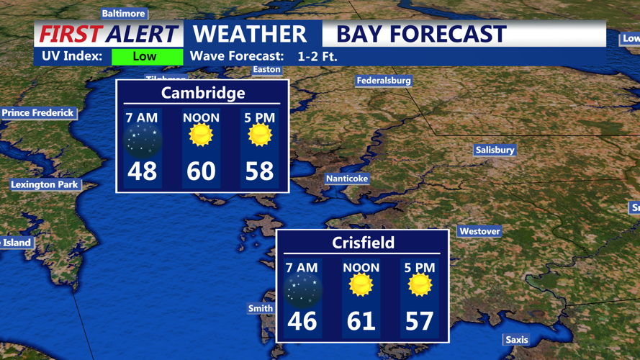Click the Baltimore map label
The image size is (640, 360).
[x=123, y=14]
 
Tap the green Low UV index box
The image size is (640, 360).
[x=147, y=56]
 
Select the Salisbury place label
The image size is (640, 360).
[x=495, y=150]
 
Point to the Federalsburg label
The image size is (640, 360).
[x=384, y=81]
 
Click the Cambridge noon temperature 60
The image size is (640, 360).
[x=201, y=171]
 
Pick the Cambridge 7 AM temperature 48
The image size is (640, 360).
[x=143, y=171]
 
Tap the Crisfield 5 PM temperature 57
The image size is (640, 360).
[x=420, y=320]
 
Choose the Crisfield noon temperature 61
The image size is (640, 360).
[x=361, y=320]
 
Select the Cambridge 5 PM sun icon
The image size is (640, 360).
[x=259, y=135]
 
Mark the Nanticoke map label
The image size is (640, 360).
[x=347, y=179]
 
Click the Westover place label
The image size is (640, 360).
[x=479, y=231]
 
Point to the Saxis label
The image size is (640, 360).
[x=516, y=340]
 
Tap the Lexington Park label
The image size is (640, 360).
[x=45, y=185]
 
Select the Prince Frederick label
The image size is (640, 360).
[x=37, y=113]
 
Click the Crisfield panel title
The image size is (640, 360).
[x=363, y=243]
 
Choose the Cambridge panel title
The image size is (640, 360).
[x=203, y=93]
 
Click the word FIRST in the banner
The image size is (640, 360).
[x=71, y=34]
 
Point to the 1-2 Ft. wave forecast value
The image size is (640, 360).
[x=317, y=56]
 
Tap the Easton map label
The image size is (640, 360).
[x=266, y=70]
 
